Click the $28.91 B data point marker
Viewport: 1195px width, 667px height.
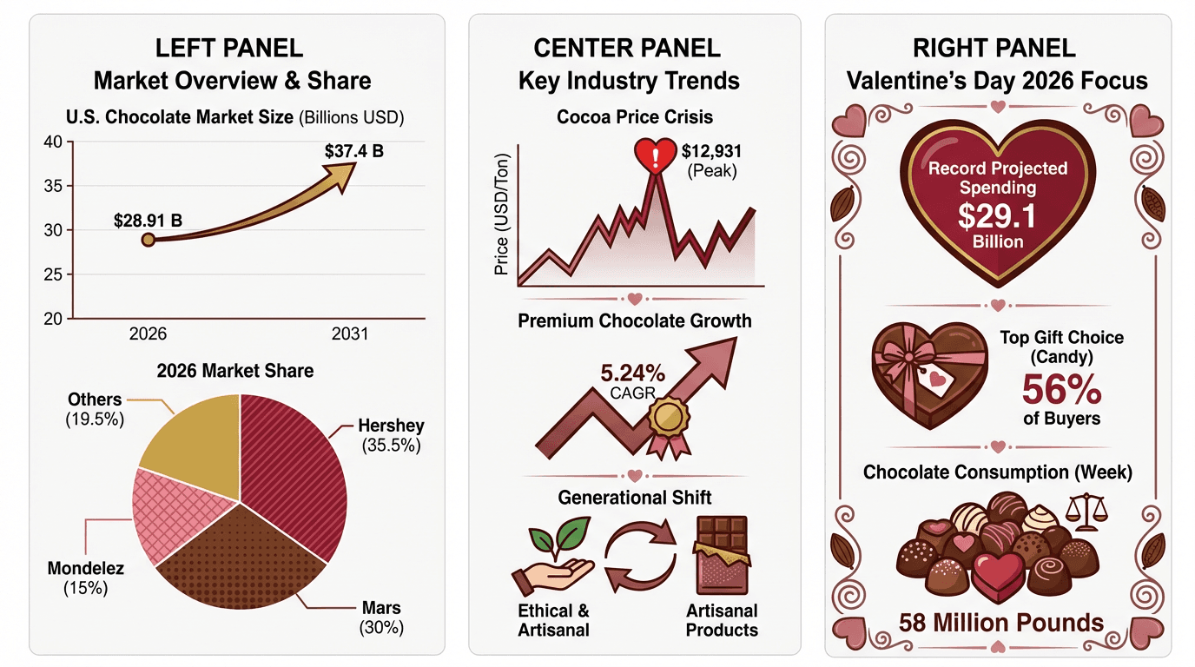coord(148,240)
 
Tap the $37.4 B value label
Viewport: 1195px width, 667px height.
coord(353,150)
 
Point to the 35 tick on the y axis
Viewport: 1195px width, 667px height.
coord(53,186)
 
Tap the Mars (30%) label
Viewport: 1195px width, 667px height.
coord(383,617)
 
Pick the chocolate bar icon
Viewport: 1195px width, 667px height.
coord(722,556)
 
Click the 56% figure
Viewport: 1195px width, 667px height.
coord(1061,390)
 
